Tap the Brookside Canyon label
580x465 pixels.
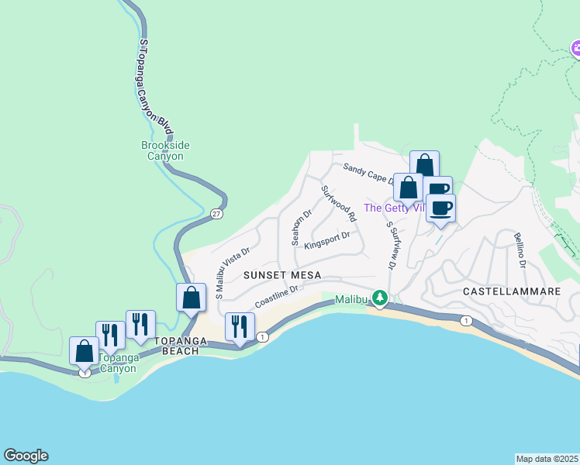[165, 150]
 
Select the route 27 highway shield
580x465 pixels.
[216, 213]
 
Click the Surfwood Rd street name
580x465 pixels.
[339, 203]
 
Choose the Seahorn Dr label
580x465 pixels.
[301, 226]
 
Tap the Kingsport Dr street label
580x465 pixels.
[327, 240]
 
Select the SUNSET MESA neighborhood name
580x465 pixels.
[277, 275]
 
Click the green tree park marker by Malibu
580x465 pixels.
[379, 298]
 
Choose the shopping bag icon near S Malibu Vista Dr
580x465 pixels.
[191, 298]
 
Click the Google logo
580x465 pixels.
[26, 456]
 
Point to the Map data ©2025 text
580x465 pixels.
[547, 458]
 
